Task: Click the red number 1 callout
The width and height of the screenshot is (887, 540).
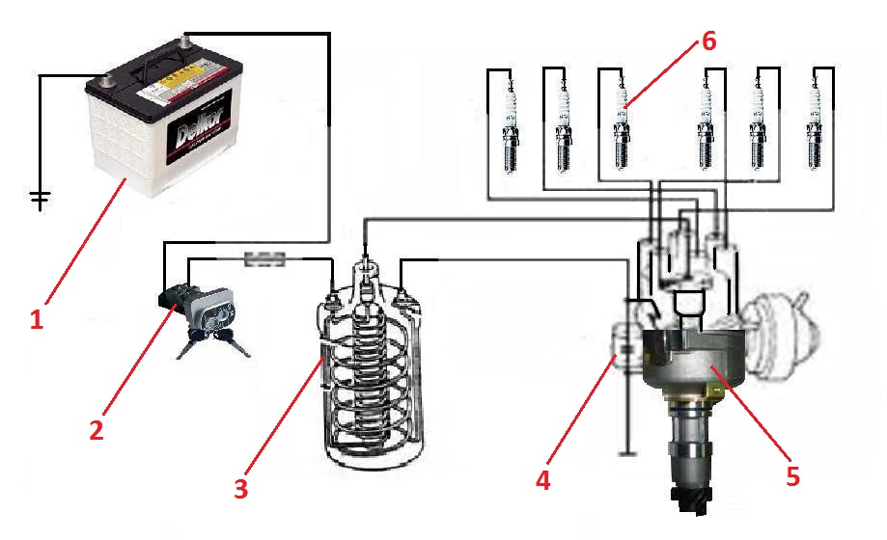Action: click(37, 319)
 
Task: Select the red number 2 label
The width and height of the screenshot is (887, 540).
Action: click(96, 430)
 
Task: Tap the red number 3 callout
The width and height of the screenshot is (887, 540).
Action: click(241, 488)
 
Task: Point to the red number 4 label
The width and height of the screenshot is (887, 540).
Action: click(544, 478)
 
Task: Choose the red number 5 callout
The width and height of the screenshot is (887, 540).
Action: click(792, 476)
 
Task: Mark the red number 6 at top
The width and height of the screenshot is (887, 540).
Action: click(709, 41)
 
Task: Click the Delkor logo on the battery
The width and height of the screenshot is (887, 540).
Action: click(198, 136)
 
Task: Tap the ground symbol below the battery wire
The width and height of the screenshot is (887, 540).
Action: click(40, 199)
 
